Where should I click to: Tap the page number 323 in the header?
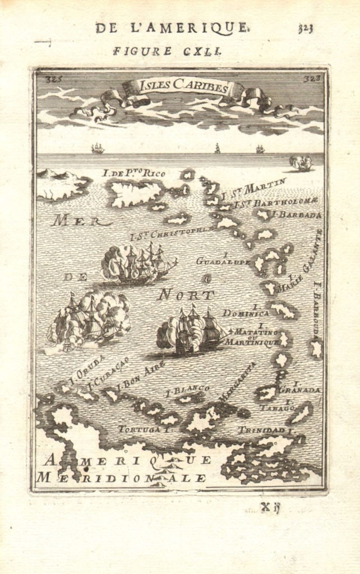click(x=306, y=29)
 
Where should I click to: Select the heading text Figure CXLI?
click(x=168, y=50)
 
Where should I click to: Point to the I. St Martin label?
click(x=255, y=188)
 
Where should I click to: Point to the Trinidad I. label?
click(x=265, y=430)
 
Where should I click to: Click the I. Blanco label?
click(x=188, y=388)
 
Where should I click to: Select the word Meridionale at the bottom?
click(x=121, y=478)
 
